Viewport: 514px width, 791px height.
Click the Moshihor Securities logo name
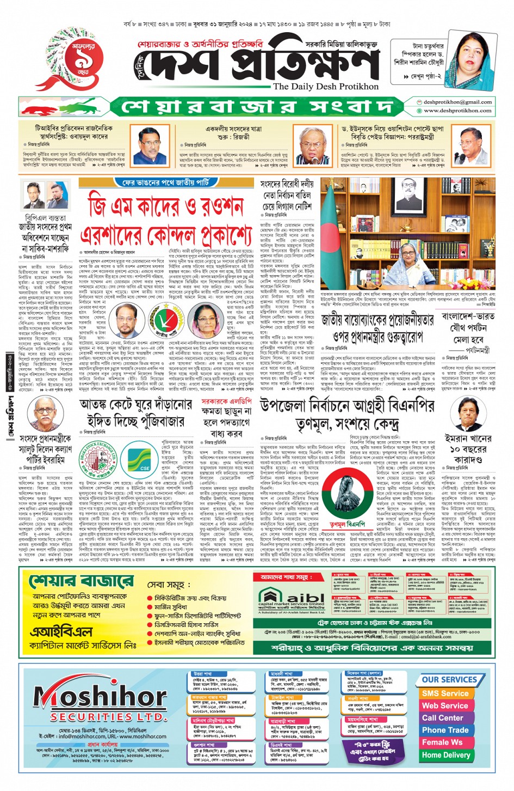93,697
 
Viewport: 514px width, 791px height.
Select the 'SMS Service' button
445,693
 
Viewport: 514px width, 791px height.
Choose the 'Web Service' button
445,705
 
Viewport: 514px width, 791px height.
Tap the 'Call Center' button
443,718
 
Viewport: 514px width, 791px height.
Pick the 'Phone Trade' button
445,730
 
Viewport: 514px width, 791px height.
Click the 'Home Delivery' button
445,755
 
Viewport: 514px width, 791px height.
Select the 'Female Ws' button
442,743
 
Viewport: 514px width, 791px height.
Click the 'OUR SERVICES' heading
449,680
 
